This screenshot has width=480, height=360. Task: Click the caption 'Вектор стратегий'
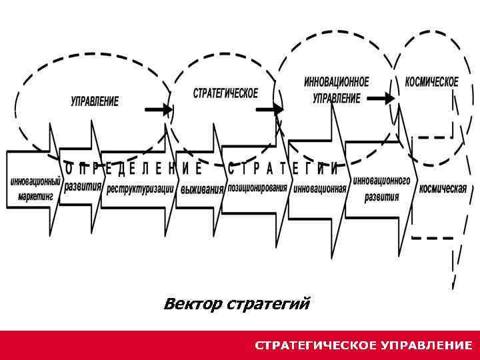click(x=237, y=305)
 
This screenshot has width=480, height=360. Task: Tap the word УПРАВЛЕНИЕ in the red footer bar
click(x=427, y=345)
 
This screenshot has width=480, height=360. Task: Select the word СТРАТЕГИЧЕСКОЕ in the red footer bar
click(x=315, y=345)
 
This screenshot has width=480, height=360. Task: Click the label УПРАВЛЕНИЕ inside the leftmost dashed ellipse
click(x=95, y=101)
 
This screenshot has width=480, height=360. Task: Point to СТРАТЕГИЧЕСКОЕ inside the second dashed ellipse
click(x=225, y=93)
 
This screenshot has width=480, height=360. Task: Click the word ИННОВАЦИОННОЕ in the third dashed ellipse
click(x=336, y=83)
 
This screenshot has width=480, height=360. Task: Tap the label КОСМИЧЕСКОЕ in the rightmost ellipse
click(x=431, y=82)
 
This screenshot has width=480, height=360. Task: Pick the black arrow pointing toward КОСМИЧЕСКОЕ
click(x=381, y=98)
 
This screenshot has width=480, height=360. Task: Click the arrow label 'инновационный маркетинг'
click(x=35, y=189)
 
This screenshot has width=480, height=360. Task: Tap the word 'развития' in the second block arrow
click(x=83, y=186)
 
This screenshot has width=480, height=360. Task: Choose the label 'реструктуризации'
click(x=140, y=189)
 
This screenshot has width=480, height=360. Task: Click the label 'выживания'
click(x=202, y=189)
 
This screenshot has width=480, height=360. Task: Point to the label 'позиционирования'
click(x=257, y=187)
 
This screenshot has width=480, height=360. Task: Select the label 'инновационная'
click(x=319, y=188)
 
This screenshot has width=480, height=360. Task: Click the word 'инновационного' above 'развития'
click(x=381, y=181)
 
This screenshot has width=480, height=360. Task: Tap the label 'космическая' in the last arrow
click(x=442, y=188)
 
